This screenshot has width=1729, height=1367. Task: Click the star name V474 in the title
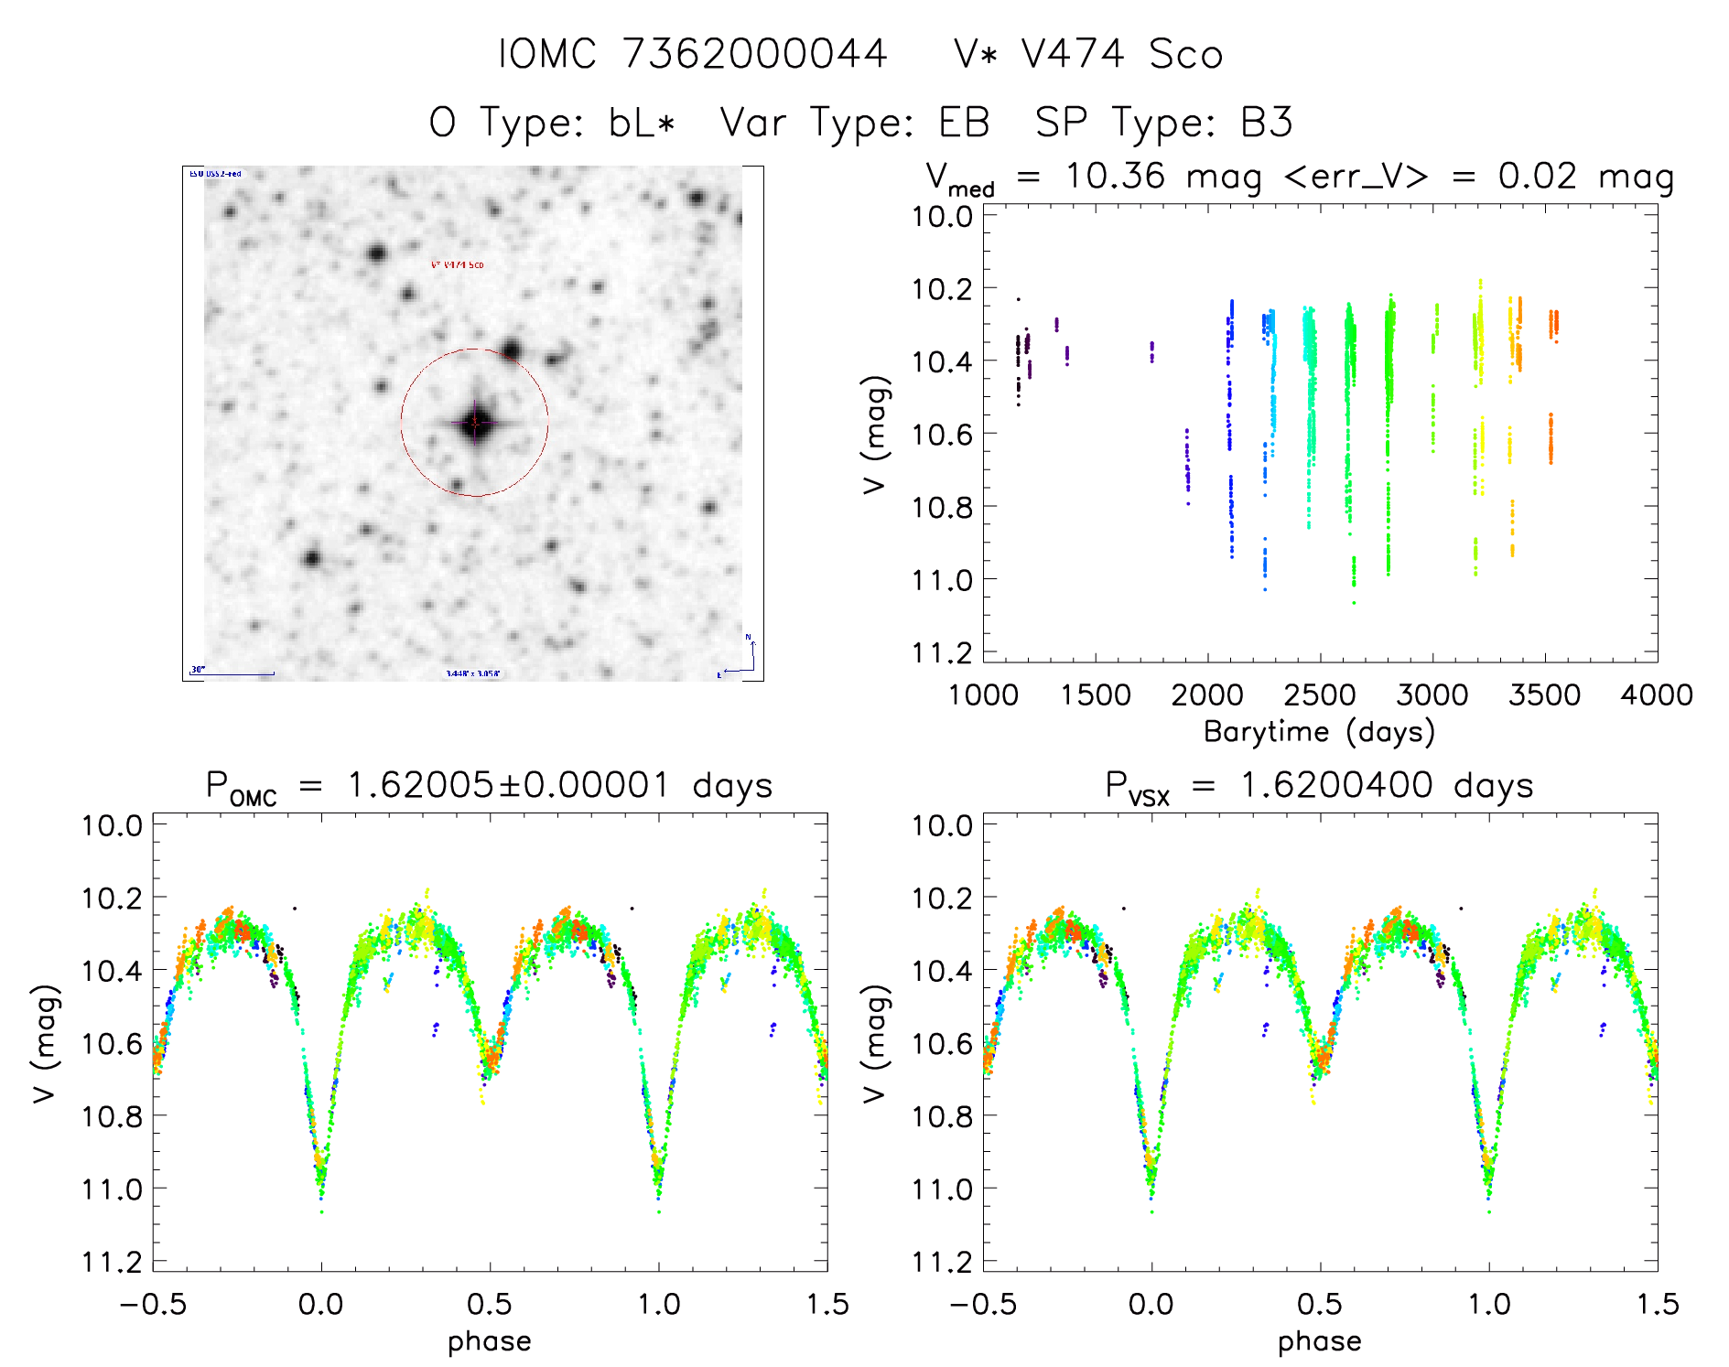point(1072,55)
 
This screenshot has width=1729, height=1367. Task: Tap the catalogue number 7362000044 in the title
point(754,55)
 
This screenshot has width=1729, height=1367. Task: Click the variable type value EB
point(964,123)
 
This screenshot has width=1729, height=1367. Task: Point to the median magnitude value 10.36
point(1115,176)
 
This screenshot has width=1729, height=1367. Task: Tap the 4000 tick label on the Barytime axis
point(1656,695)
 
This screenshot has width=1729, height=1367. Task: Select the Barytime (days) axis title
point(1319,732)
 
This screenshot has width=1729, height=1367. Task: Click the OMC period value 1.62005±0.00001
point(508,786)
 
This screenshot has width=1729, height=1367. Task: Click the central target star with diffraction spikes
point(475,424)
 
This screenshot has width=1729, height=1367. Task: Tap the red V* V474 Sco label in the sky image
point(457,265)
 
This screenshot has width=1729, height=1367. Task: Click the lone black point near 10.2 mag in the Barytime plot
point(1018,299)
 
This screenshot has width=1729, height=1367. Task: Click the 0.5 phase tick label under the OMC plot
point(490,1305)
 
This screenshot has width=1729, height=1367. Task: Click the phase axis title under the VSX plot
point(1319,1341)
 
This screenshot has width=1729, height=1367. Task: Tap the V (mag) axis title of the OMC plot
point(46,1043)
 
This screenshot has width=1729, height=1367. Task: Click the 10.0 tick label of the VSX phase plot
point(942,825)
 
